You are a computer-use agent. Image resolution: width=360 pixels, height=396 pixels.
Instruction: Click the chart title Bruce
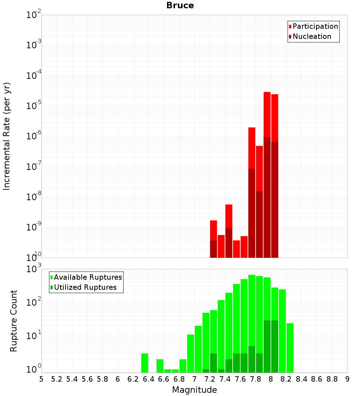[180, 6]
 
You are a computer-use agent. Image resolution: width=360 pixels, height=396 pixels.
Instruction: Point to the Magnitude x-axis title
[194, 390]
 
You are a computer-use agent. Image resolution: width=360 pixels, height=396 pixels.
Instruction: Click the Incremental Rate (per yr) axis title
[7, 136]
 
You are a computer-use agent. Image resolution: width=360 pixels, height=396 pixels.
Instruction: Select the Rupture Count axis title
[14, 321]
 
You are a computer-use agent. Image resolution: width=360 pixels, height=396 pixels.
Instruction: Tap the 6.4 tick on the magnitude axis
[148, 379]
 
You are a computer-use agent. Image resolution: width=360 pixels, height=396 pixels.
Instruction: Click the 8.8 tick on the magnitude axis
[332, 379]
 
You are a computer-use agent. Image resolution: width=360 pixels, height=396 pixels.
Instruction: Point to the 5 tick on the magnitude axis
[41, 379]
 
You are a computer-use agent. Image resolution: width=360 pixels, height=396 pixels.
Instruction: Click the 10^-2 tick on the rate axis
[34, 15]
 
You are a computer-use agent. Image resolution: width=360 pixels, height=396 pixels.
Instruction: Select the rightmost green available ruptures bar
[290, 348]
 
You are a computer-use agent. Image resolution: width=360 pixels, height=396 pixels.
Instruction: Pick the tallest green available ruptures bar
[252, 324]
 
